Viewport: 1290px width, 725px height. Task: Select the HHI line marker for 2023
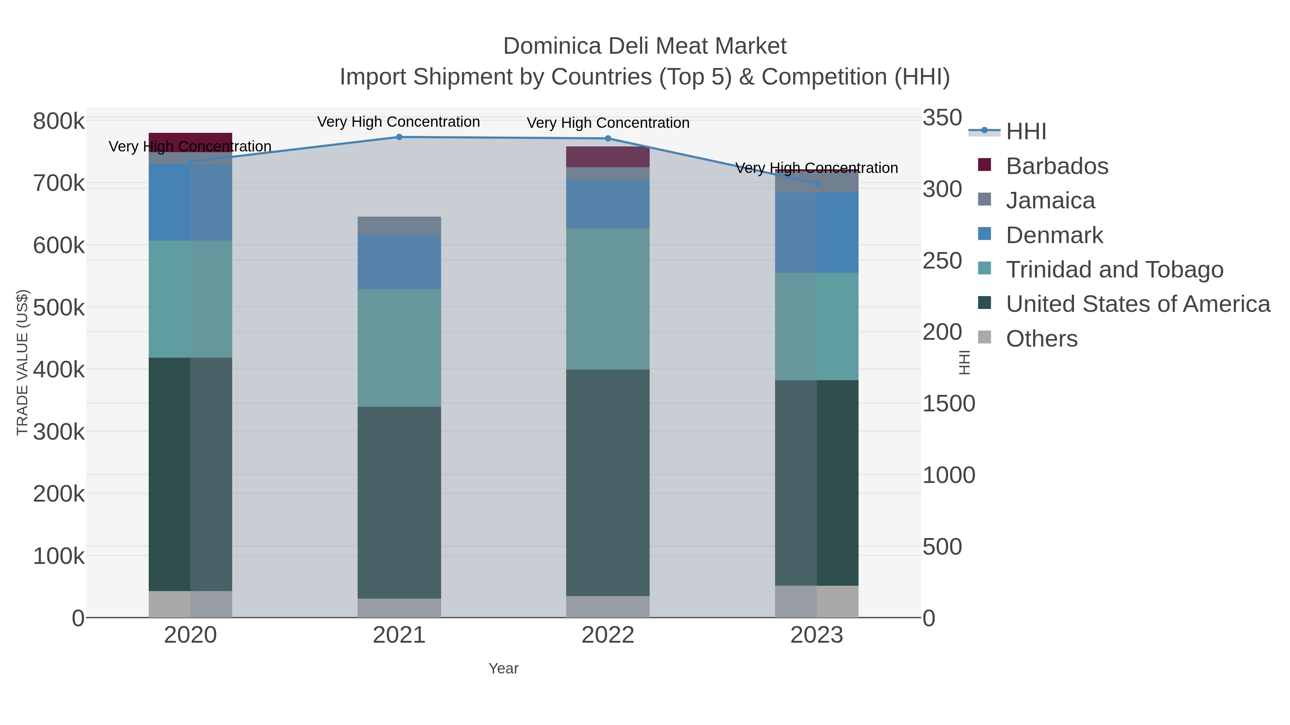[x=817, y=184]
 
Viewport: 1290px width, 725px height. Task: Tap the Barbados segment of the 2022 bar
[x=607, y=156]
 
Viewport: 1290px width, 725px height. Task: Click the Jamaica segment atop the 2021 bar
[x=399, y=226]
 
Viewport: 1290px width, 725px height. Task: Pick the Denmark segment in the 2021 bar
[x=399, y=262]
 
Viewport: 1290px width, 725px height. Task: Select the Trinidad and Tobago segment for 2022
[x=607, y=299]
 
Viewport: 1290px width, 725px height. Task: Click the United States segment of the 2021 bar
[x=399, y=502]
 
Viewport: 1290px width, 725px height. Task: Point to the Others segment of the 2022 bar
[x=607, y=606]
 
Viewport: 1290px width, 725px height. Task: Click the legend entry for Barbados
[x=1057, y=166]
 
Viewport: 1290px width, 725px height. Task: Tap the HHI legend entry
[x=1026, y=132]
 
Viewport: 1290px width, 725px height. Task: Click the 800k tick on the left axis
[x=59, y=121]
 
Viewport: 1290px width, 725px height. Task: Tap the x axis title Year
[x=503, y=668]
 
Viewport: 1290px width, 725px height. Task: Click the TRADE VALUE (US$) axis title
[x=23, y=362]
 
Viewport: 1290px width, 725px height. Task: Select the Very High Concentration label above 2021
[x=398, y=122]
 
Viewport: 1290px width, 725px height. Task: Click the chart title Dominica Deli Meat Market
[x=645, y=46]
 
